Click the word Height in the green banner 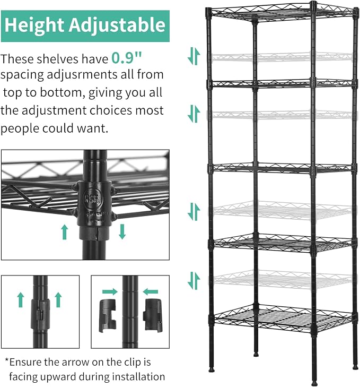(x=34, y=25)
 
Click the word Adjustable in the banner (x=117, y=25)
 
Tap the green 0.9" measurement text (x=127, y=58)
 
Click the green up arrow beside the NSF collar (x=65, y=232)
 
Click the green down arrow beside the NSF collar (x=122, y=232)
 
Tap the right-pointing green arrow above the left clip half (x=110, y=291)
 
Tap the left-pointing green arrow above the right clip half (x=151, y=292)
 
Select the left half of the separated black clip (x=108, y=316)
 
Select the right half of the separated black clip (x=153, y=315)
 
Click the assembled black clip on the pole (x=40, y=314)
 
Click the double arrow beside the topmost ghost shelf (x=194, y=56)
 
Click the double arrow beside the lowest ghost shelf (x=194, y=281)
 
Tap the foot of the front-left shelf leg (x=211, y=369)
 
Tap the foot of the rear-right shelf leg (x=355, y=367)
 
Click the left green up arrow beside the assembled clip (x=21, y=300)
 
